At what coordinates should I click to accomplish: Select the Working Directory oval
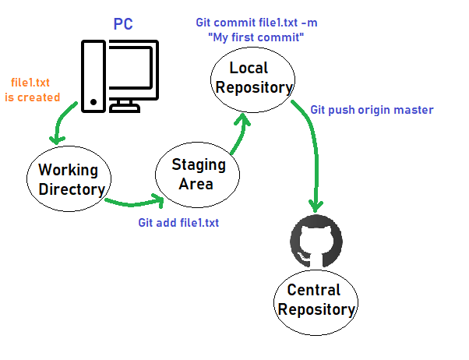[69, 179]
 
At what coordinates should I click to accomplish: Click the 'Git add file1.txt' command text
[178, 223]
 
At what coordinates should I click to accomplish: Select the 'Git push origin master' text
[371, 110]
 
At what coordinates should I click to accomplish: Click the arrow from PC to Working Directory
[62, 125]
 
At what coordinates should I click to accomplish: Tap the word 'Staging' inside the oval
[199, 165]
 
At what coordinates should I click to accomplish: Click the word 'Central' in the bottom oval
[314, 291]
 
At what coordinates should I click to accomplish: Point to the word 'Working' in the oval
[69, 170]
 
